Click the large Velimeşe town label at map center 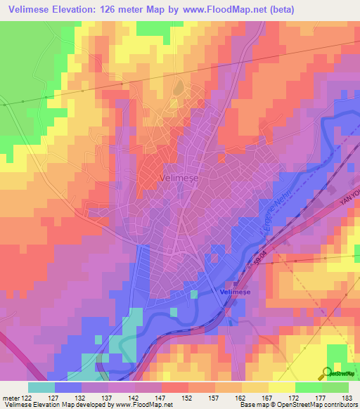[181, 178]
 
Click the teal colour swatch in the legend [41, 387]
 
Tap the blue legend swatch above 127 [68, 387]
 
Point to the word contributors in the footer [339, 404]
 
